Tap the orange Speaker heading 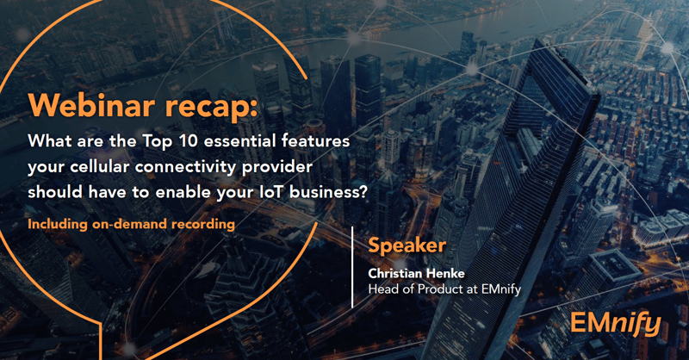coord(407,246)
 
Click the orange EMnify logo coord(615,324)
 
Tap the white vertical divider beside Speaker coord(352,266)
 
